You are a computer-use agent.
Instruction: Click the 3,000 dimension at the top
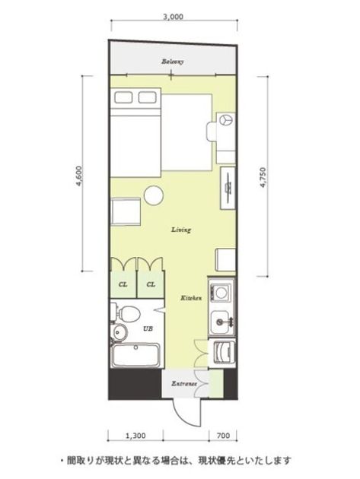[x=173, y=17]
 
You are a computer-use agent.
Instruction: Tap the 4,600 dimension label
[x=79, y=176]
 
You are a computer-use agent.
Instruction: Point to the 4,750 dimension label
[x=263, y=177]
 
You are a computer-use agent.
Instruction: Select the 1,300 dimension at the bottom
[x=135, y=436]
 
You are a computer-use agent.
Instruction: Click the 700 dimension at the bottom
[x=223, y=436]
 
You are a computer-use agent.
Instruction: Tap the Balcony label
[x=173, y=62]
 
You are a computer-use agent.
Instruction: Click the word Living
[x=181, y=230]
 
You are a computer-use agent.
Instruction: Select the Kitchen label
[x=191, y=298]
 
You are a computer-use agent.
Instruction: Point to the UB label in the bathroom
[x=148, y=329]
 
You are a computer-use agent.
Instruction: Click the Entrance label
[x=184, y=384]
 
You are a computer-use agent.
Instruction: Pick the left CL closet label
[x=123, y=284]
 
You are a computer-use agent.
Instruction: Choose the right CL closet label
[x=151, y=284]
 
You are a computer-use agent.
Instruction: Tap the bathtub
[x=135, y=355]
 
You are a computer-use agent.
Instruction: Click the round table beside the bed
[x=154, y=196]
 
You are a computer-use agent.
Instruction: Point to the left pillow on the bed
[x=123, y=97]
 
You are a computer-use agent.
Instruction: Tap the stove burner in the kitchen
[x=221, y=293]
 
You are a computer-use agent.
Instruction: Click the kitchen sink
[x=221, y=322]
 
